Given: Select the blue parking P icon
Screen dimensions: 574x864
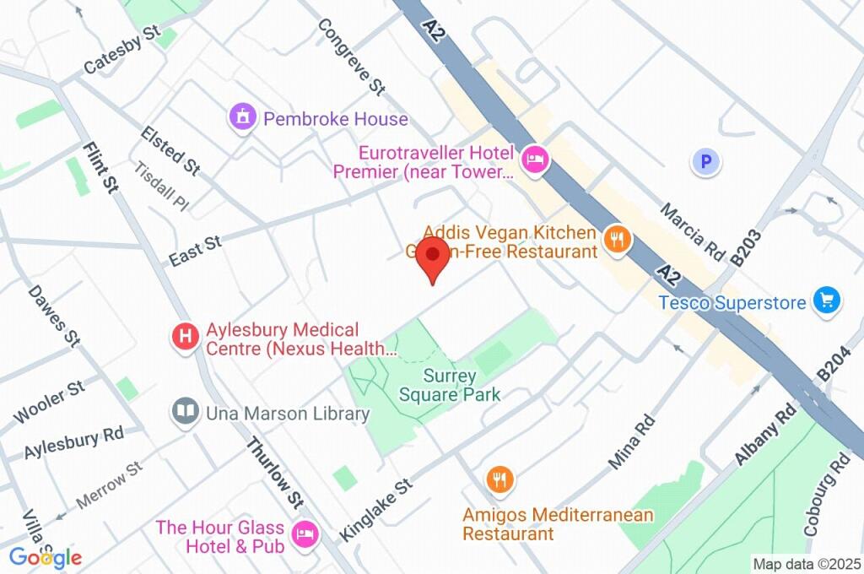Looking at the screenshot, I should pos(705,161).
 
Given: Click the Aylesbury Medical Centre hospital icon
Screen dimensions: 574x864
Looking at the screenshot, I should pos(185,338).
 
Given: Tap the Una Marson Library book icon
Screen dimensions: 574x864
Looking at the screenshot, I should pos(185,412).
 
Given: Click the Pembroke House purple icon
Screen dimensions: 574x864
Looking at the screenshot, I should pos(243,118).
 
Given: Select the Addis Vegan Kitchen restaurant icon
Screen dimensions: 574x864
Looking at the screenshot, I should pos(618,240).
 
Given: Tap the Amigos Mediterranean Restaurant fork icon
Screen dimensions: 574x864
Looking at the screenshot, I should pos(499,480).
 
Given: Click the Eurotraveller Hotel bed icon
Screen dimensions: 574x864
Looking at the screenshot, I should pos(535,159).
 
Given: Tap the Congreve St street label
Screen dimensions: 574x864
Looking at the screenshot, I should pos(350,56).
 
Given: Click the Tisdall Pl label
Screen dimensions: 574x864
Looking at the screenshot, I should pos(162,186).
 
